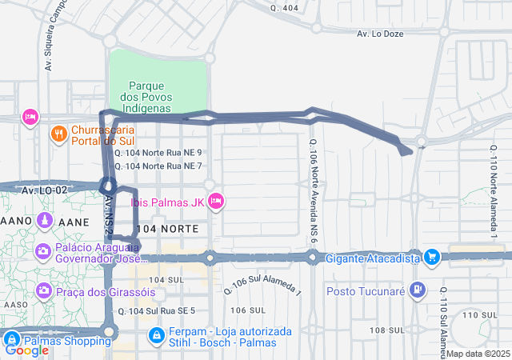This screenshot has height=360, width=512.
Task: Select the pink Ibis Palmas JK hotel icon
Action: [215, 202]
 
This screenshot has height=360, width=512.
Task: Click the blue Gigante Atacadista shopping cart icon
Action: [432, 258]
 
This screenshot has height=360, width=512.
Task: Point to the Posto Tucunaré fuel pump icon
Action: [416, 290]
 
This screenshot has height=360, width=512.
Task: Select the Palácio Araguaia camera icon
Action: [42, 252]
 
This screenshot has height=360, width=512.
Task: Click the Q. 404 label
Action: [284, 8]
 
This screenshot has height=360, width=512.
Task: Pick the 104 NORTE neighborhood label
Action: [169, 229]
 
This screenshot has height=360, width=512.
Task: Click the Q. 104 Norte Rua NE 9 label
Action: [158, 152]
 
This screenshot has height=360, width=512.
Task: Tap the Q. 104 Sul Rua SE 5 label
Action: [156, 310]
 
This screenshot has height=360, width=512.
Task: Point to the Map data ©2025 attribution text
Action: [478, 354]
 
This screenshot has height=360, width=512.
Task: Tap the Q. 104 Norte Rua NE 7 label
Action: [158, 166]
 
